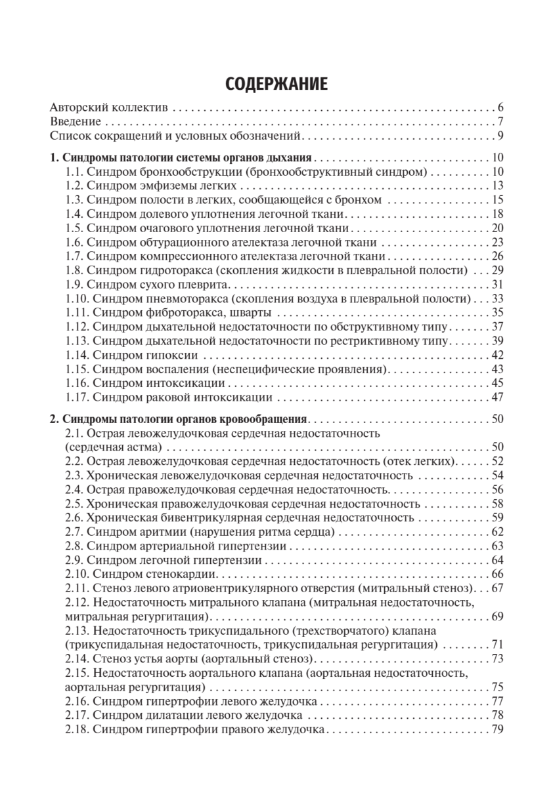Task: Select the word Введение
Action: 76,122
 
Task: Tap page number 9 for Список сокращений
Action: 500,136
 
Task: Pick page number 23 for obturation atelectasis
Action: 497,243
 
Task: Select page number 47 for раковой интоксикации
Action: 497,397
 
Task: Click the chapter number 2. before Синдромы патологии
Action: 55,419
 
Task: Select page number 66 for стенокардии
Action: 497,574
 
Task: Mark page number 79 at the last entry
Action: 497,729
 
